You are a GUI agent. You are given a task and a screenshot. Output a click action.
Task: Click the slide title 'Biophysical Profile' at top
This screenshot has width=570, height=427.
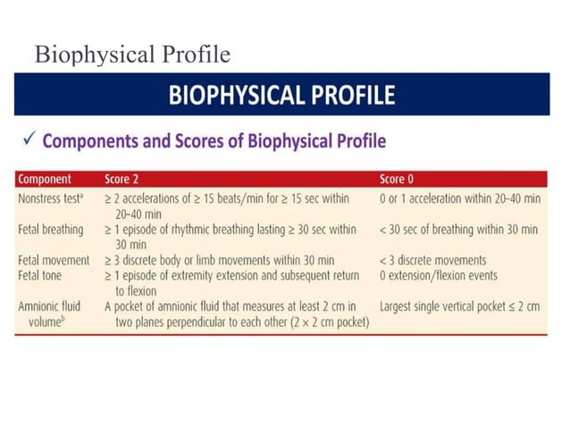coord(131,55)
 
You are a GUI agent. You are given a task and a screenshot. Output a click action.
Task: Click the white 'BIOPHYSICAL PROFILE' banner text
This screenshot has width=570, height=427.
coord(281,96)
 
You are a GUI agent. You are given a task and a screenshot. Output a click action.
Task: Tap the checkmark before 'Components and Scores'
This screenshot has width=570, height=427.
coord(27,141)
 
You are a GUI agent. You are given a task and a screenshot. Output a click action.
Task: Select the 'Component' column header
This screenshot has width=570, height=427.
coord(45,179)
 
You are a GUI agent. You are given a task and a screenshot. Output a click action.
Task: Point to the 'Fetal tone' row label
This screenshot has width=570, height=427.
coord(42,275)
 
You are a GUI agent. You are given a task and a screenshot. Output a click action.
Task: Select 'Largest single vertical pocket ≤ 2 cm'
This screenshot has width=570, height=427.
coord(459,306)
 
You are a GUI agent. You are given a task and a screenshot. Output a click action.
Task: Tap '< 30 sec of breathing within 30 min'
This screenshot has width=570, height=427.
coord(458,230)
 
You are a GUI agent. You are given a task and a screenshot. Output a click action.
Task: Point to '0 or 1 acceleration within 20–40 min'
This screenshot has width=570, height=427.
coord(458,197)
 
